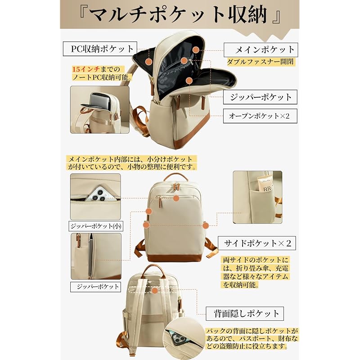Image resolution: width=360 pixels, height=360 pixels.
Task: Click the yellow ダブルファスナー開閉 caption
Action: pyautogui.click(x=261, y=62)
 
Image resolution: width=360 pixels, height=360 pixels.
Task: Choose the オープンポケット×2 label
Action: pyautogui.click(x=260, y=116)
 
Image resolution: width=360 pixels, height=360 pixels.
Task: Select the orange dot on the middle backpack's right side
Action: pyautogui.click(x=206, y=225)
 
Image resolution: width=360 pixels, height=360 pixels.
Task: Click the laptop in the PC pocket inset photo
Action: pyautogui.click(x=100, y=100)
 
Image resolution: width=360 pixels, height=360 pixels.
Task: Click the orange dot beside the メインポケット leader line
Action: pyautogui.click(x=196, y=50)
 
